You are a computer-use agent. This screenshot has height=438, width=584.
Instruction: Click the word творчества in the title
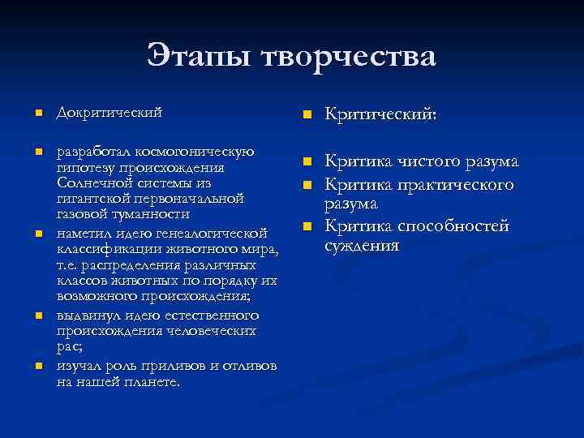click(x=350, y=58)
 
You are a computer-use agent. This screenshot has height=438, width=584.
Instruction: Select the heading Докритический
click(x=109, y=112)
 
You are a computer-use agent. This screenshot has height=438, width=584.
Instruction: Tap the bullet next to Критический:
click(x=307, y=116)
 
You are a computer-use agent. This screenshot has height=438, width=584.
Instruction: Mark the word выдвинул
click(x=85, y=315)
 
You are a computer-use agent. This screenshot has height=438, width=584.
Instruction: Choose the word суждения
click(x=362, y=245)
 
